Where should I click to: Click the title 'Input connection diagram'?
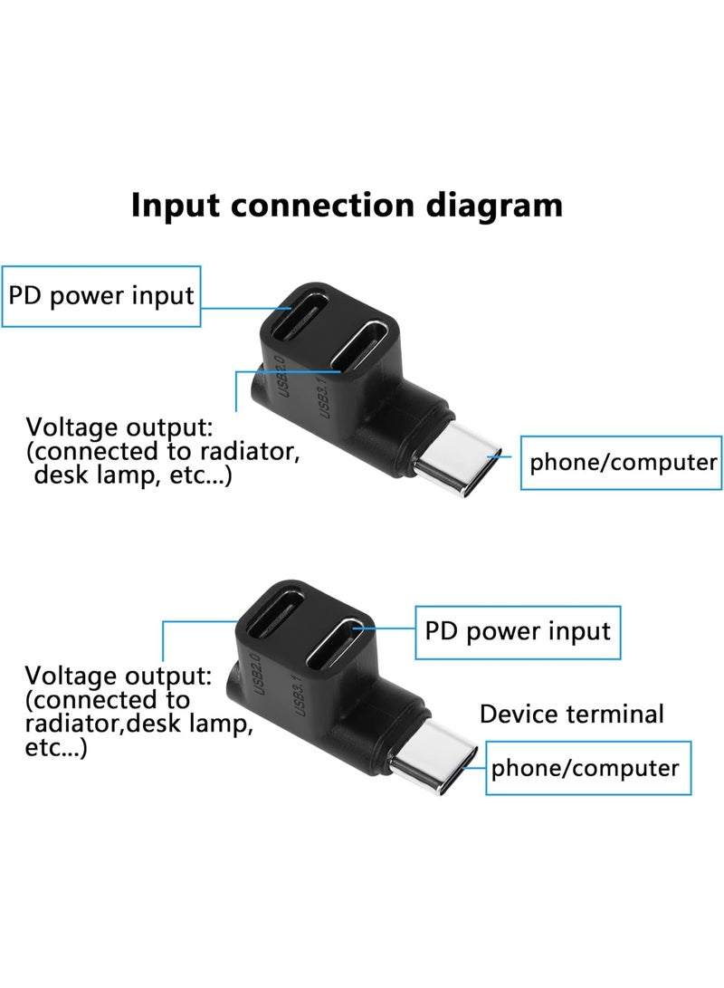coord(347,205)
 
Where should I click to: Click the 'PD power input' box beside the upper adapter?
coord(101,296)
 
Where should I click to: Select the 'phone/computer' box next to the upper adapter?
coord(623,463)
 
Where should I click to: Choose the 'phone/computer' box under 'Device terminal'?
coord(585,769)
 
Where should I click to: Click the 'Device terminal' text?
coord(572,714)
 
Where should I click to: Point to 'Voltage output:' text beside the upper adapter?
coord(119,427)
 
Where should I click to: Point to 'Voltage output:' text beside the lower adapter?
coord(119,675)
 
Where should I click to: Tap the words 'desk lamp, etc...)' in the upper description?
coord(132,475)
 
